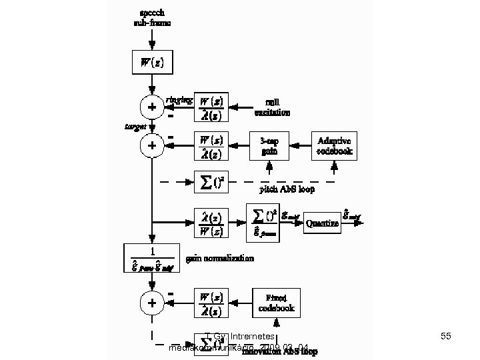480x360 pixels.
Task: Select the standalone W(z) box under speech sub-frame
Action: (x=151, y=63)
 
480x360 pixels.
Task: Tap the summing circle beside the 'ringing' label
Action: (x=152, y=107)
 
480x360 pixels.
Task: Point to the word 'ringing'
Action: (x=180, y=99)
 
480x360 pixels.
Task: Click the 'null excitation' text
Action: (x=271, y=107)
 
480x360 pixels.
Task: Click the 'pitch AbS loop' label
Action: (x=287, y=189)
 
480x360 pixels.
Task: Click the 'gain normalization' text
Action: (x=220, y=258)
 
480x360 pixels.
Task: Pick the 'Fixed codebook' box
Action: (x=277, y=302)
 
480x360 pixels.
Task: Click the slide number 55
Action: (x=446, y=337)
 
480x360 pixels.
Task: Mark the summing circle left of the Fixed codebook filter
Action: (x=152, y=302)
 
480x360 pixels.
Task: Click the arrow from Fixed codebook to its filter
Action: (x=241, y=302)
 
